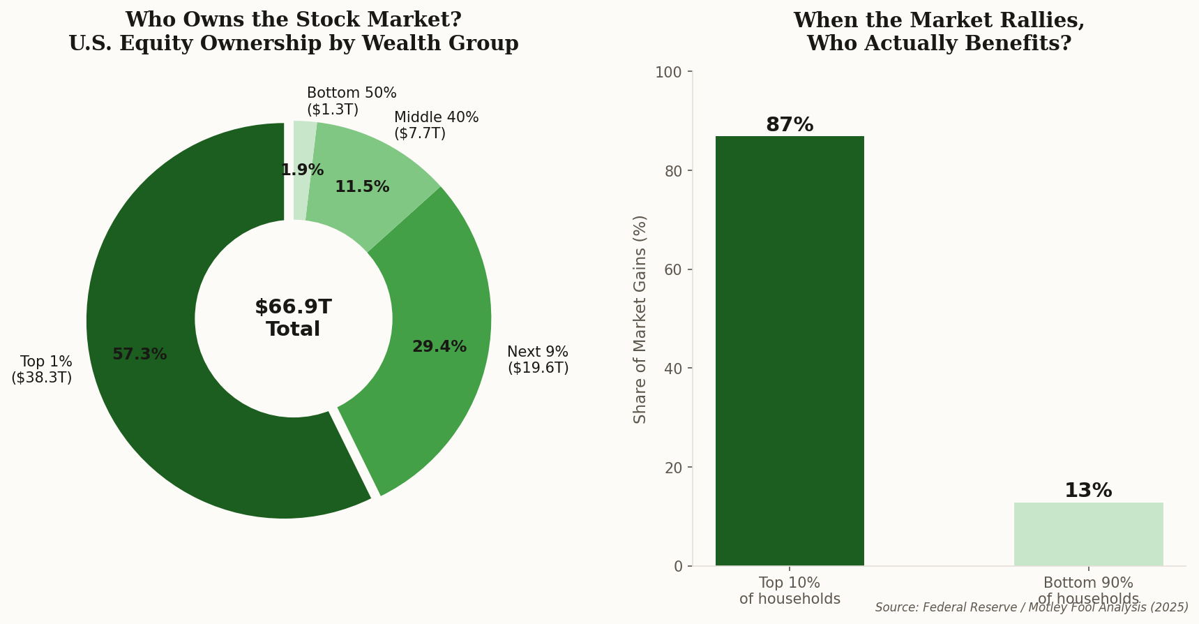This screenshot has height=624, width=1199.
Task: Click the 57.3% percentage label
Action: [139, 355]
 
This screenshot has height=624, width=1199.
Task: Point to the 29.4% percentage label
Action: [439, 347]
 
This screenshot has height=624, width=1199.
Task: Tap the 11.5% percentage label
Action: [362, 187]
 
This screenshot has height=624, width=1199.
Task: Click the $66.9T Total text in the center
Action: [293, 318]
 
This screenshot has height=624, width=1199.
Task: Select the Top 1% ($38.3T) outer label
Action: [42, 369]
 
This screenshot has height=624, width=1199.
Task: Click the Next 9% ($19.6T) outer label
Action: [538, 359]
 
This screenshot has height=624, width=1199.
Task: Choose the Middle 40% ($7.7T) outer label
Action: [436, 125]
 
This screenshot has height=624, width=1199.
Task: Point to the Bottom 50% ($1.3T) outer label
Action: [352, 101]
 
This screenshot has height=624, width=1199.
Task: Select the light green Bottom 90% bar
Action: [1088, 534]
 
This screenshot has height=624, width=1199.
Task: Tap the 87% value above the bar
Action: [790, 125]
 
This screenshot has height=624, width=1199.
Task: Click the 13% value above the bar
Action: [1088, 491]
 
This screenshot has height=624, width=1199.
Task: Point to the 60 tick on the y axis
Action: [674, 270]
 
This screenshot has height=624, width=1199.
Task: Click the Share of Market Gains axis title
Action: [640, 319]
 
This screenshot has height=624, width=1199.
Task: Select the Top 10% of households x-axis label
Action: [790, 590]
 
